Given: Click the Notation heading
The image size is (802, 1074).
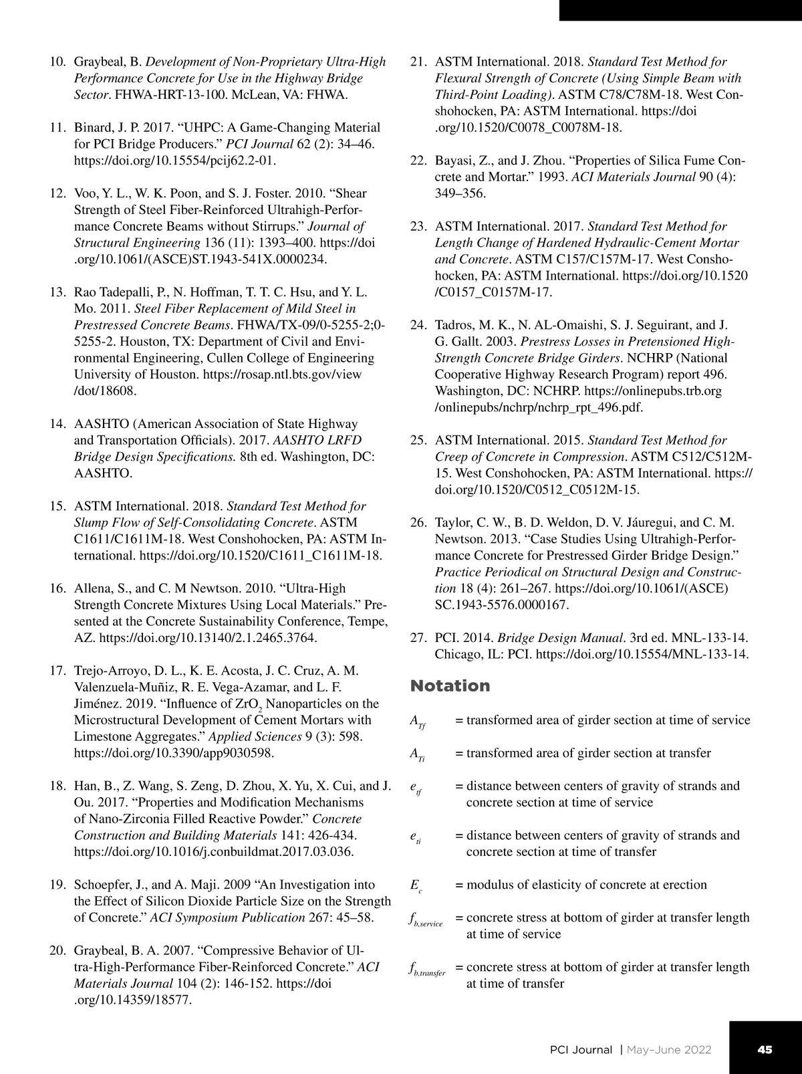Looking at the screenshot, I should [450, 686].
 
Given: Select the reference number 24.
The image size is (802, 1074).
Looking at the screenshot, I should [418, 325].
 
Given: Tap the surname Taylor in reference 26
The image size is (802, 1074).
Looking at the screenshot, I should [453, 522].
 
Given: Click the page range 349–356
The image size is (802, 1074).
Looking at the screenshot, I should [460, 193].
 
